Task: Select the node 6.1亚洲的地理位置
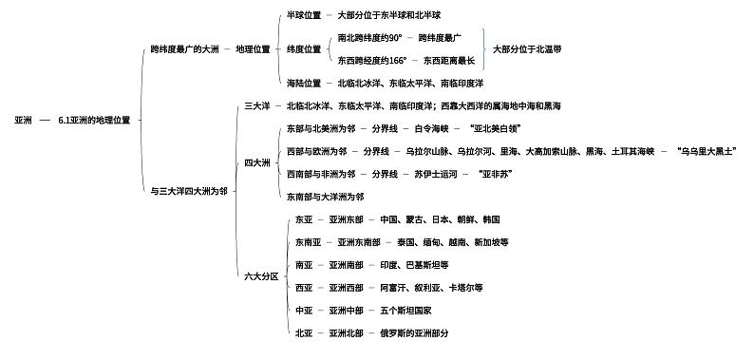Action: coord(95,121)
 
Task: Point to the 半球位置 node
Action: coord(304,15)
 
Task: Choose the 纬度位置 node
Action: coord(304,49)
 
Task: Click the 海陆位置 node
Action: coord(304,84)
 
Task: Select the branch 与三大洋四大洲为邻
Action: coord(189,192)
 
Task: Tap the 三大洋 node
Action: coord(258,105)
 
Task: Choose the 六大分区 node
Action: coord(261,276)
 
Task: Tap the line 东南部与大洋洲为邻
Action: coord(325,197)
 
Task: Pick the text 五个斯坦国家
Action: coord(405,311)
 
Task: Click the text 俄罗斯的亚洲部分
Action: coord(414,333)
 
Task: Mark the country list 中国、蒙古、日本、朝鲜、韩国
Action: coord(440,219)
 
